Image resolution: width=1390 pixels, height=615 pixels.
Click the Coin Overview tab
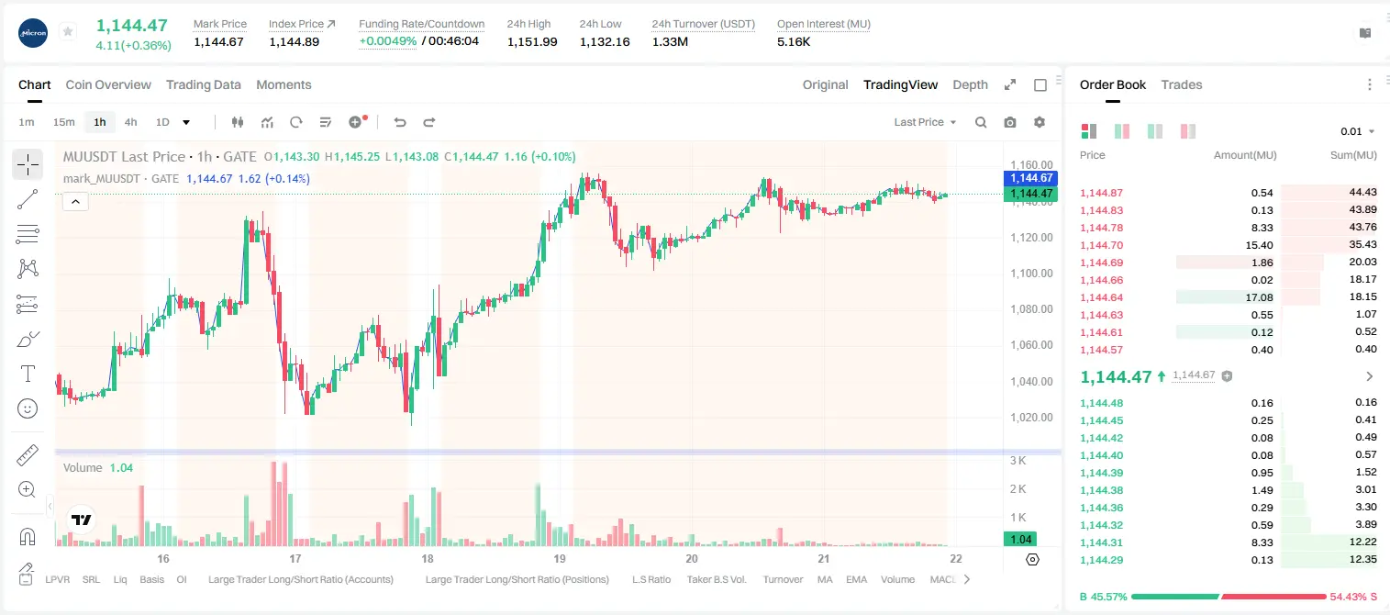tap(108, 84)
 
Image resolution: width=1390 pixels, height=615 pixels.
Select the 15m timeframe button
tap(63, 122)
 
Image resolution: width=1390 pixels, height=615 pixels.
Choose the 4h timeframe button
tap(130, 122)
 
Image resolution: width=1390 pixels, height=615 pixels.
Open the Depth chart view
tap(970, 84)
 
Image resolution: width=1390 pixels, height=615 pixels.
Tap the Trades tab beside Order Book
tap(1182, 84)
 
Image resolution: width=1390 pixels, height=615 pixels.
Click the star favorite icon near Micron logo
tap(68, 31)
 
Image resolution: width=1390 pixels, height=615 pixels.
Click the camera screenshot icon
tap(1010, 122)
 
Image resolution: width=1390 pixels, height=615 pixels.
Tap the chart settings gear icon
tap(1040, 122)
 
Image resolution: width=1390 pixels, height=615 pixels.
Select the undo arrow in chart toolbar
tap(400, 122)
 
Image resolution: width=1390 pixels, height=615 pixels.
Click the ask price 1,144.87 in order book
tap(1102, 193)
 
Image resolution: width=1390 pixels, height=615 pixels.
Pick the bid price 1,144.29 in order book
tap(1102, 560)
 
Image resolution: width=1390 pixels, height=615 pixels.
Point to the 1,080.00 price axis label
tap(1031, 309)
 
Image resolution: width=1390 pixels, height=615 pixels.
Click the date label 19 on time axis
tap(560, 558)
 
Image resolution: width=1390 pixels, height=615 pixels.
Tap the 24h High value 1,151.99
tap(532, 41)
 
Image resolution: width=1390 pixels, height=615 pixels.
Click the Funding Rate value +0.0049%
tap(388, 41)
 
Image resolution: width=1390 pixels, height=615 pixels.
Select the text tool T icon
tap(28, 374)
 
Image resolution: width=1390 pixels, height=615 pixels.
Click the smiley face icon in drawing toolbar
tap(28, 408)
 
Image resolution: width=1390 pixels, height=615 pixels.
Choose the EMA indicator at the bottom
tap(856, 579)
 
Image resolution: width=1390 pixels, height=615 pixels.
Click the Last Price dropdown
tap(925, 122)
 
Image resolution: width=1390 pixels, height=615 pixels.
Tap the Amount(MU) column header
tap(1245, 155)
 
